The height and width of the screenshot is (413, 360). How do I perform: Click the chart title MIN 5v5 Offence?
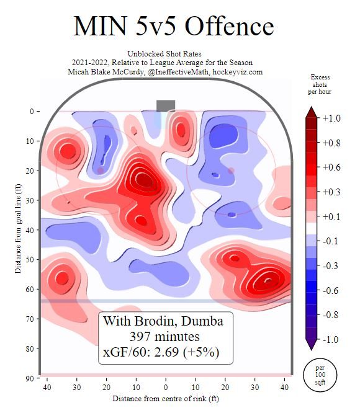click(x=173, y=27)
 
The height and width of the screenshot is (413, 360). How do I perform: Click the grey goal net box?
click(x=166, y=105)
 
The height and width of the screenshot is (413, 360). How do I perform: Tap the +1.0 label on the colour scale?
click(x=333, y=118)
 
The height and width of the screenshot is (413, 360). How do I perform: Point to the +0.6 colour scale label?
click(x=333, y=167)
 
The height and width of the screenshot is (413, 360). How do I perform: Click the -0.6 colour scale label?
click(x=333, y=290)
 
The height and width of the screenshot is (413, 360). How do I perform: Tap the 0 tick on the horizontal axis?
click(x=166, y=388)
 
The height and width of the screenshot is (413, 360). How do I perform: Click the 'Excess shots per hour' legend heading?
click(x=321, y=84)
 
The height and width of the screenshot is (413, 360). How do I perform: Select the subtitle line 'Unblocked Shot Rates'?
click(x=164, y=54)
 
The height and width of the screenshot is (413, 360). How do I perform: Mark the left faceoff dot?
click(x=101, y=171)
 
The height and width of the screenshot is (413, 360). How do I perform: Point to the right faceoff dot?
click(x=230, y=171)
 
